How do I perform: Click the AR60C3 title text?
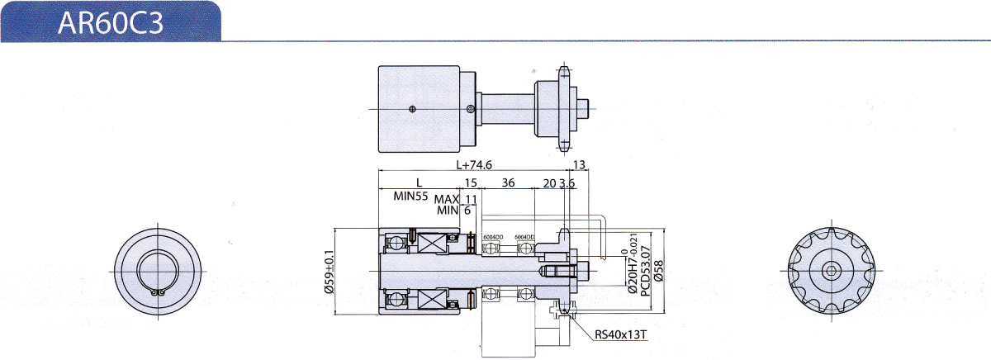coord(111,22)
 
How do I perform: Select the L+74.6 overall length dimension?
coord(474,165)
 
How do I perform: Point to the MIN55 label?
coord(410,197)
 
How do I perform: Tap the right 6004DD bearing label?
coord(524,237)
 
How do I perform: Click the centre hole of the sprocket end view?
coord(831,270)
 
